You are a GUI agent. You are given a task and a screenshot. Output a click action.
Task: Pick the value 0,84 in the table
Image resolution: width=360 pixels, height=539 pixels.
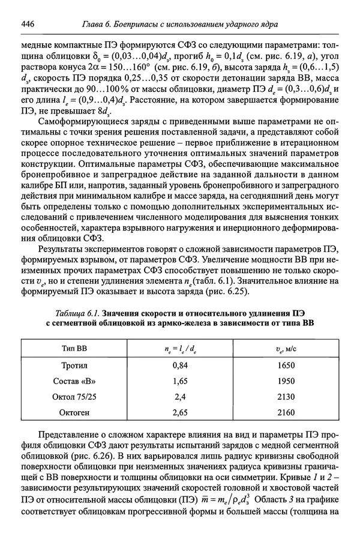pyautogui.click(x=181, y=364)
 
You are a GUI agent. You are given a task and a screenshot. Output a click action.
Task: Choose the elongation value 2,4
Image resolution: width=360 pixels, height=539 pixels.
pyautogui.click(x=181, y=397)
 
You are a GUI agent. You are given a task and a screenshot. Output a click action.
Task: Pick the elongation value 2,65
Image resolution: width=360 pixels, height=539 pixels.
pyautogui.click(x=181, y=413)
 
